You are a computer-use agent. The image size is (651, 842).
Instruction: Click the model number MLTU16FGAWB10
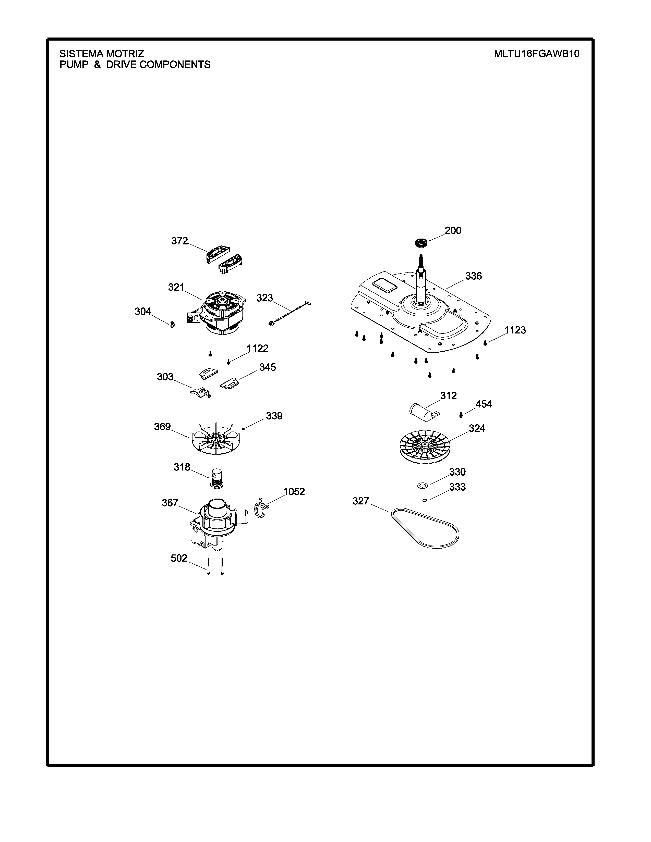coord(536,54)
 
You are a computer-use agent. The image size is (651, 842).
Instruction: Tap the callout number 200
coord(453,231)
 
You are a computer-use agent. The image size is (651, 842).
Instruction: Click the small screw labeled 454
coord(461,415)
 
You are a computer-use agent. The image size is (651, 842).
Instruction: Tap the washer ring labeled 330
coord(423,485)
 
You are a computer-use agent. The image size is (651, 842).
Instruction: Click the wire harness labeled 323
coord(290,314)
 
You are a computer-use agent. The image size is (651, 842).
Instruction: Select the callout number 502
coord(179,558)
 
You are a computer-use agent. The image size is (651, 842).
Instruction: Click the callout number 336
coord(474,276)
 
